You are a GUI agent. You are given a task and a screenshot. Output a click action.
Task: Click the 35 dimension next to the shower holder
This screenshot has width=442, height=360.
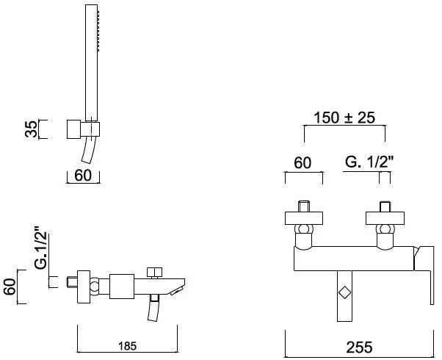coord(31,129)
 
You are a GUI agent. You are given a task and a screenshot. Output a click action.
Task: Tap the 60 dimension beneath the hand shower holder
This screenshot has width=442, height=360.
coord(83,176)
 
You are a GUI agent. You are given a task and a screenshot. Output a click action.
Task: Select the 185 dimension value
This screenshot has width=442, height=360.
coord(128,346)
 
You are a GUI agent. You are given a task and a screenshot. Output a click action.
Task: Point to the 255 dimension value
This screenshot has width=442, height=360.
coord(359,347)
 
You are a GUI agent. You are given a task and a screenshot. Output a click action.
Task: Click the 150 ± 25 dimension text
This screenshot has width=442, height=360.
coord(344,118)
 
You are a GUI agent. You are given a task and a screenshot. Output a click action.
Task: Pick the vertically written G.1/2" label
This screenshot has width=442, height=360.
coord(41,251)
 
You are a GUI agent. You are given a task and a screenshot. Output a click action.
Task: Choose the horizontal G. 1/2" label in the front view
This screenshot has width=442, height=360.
coord(369,162)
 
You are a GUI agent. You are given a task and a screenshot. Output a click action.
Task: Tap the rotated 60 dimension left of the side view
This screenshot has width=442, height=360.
coord(10,287)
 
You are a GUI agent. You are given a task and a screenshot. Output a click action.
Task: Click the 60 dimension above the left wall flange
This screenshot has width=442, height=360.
coord(302,163)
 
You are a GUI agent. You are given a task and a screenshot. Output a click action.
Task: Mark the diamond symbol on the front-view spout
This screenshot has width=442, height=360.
coord(344,292)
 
